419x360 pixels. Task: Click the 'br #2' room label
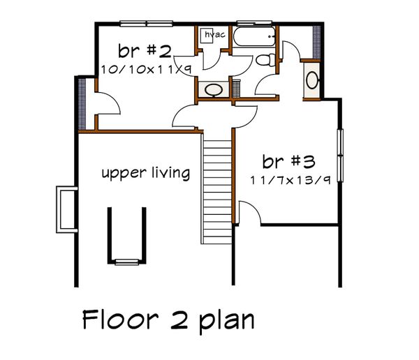point(144,52)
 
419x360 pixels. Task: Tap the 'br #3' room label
point(289,162)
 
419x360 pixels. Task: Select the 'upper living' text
point(145,173)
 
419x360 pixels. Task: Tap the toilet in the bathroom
point(264,61)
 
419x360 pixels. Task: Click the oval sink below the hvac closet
point(212,90)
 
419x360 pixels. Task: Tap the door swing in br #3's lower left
point(251,213)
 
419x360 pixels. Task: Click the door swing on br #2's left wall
point(105,105)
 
